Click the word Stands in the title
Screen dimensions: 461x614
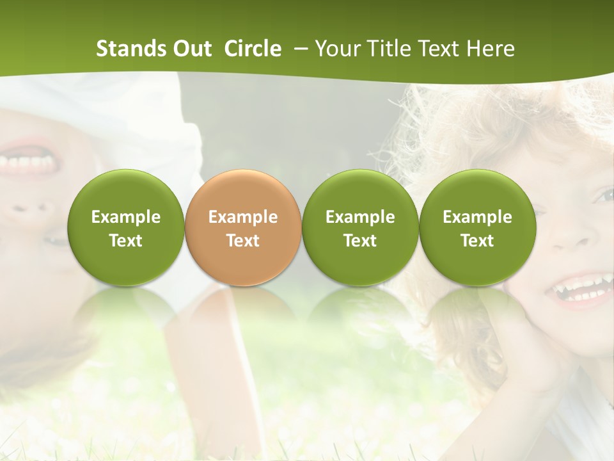tap(131, 49)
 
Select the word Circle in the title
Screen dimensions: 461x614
tap(253, 49)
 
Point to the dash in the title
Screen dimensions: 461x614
tap(301, 49)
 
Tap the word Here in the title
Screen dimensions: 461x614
tap(491, 49)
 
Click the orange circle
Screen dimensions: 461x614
tap(243, 227)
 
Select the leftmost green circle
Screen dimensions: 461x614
tap(126, 227)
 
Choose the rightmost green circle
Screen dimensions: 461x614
tap(477, 227)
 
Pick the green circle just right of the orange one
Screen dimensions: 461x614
tap(360, 227)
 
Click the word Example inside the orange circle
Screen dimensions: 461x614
tap(243, 217)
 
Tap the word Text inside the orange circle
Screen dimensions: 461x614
tap(243, 241)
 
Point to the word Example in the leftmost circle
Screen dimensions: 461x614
tap(126, 217)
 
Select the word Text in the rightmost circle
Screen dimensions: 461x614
tap(477, 241)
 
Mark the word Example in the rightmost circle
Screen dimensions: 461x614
tap(477, 217)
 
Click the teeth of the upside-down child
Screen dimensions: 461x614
tap(29, 163)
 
